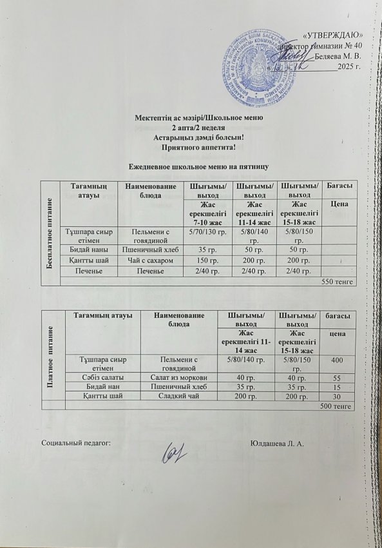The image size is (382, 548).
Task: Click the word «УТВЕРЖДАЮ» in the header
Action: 336,35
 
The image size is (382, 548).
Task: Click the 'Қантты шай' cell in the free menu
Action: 86,259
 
